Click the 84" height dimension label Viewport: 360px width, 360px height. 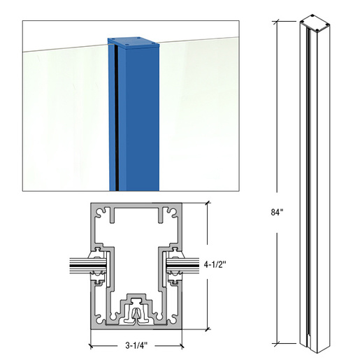(x=278, y=212)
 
